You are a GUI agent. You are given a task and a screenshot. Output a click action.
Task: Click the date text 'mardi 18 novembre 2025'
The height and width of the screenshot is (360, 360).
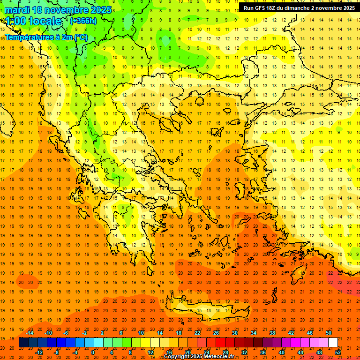[x=59, y=10]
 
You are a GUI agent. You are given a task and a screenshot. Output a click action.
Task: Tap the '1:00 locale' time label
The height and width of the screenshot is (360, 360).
[x=33, y=21]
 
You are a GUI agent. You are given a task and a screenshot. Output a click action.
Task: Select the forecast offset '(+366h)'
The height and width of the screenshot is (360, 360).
[x=83, y=21]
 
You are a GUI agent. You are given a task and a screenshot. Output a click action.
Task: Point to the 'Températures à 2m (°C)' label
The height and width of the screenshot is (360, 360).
[x=46, y=37]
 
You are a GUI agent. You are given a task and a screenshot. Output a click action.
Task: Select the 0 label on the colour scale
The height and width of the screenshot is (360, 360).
[x=93, y=352]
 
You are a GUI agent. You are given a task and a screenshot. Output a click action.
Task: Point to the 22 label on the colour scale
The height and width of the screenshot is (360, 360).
[x=197, y=333]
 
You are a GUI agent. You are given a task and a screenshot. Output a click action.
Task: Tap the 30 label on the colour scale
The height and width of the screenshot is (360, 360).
[x=235, y=333]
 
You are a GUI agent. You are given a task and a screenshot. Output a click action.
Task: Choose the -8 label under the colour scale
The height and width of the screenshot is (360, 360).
[x=57, y=352]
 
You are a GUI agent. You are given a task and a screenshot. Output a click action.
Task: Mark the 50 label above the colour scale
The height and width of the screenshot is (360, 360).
[x=329, y=333]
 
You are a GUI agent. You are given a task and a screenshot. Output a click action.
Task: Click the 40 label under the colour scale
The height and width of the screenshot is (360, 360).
[x=282, y=352]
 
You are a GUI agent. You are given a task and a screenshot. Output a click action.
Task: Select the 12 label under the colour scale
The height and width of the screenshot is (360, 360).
[x=150, y=352]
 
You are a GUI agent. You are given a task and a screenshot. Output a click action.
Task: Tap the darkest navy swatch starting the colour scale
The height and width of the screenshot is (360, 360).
[x=23, y=343]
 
